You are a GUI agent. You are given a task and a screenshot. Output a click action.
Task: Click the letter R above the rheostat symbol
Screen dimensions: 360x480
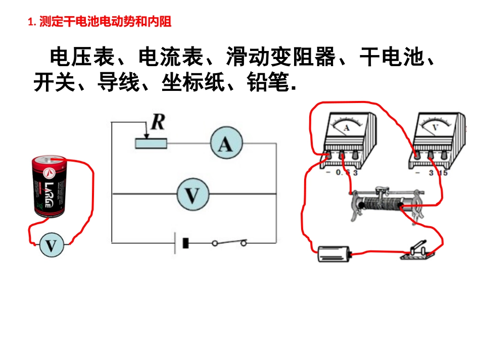click(x=158, y=123)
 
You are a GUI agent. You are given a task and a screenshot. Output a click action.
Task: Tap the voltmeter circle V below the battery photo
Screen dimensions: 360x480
click(x=52, y=246)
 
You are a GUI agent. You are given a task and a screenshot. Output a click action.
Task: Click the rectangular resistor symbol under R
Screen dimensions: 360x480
click(x=151, y=143)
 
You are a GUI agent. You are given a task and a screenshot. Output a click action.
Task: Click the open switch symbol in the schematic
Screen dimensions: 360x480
click(x=229, y=243)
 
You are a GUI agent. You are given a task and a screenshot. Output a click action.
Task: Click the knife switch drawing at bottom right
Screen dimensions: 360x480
click(x=416, y=251)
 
